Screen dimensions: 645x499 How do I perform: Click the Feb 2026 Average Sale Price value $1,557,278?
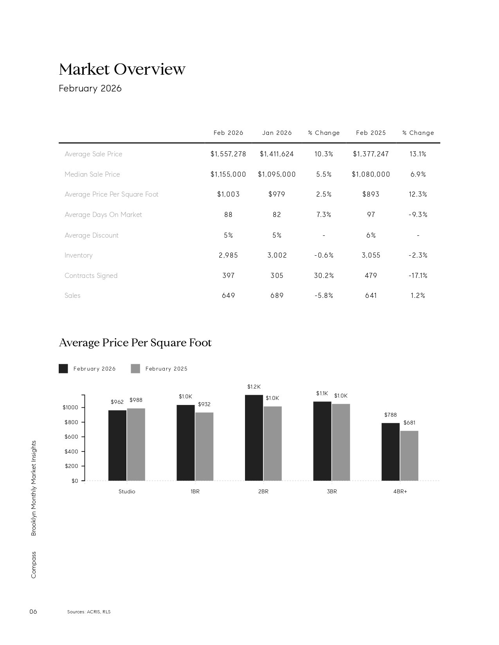pos(228,154)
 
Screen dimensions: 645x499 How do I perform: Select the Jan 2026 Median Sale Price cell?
pos(277,174)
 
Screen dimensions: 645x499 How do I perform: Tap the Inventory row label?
pos(79,255)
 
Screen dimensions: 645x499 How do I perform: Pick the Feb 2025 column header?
pos(371,133)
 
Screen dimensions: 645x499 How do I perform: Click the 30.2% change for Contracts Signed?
pos(324,276)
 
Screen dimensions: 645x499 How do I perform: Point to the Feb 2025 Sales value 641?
pos(371,296)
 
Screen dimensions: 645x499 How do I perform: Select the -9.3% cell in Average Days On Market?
pos(418,215)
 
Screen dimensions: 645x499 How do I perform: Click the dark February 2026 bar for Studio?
pos(117,445)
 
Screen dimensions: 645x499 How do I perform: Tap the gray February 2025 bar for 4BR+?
pos(409,455)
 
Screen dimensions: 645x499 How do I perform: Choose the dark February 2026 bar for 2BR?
pos(254,438)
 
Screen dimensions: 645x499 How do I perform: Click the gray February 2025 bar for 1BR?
pos(204,446)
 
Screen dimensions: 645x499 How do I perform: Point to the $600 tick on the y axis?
pos(71,437)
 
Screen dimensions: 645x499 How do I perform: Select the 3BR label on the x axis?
pos(331,491)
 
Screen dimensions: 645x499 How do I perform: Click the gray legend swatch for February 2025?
pos(135,369)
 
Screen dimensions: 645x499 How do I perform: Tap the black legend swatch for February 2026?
pos(63,369)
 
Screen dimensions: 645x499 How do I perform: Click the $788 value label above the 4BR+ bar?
pos(390,415)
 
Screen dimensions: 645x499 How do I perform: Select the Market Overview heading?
pos(122,69)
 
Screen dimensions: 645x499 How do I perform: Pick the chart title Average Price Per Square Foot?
pos(135,342)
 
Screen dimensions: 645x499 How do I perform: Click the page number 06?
pos(33,611)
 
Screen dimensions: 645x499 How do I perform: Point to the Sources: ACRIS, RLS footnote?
pos(89,612)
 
